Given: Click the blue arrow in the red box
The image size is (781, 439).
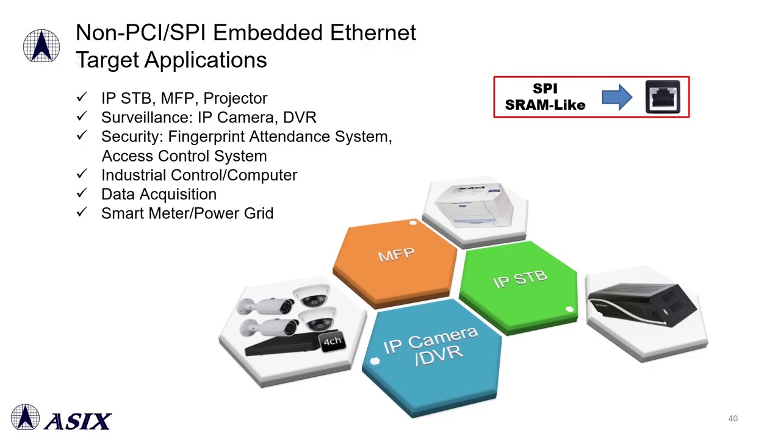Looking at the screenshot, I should click(x=617, y=98).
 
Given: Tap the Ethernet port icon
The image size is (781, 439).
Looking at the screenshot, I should click(x=663, y=97).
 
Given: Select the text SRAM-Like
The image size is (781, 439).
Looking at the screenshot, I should click(x=545, y=105).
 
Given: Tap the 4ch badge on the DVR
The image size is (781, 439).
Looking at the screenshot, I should click(x=332, y=341).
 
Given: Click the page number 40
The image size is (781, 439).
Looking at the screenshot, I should click(x=733, y=419).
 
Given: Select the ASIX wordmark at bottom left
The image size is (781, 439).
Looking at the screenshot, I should click(x=77, y=421).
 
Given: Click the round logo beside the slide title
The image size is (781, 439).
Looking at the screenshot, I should click(x=41, y=46).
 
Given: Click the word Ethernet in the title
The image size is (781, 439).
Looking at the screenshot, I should click(x=373, y=33).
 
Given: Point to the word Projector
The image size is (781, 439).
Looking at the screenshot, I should click(x=235, y=98).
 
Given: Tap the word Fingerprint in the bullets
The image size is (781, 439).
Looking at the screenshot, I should click(x=206, y=137).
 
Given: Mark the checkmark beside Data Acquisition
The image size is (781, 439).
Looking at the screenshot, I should click(x=82, y=193).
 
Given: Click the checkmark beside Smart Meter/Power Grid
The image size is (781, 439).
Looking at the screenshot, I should click(x=82, y=212).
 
